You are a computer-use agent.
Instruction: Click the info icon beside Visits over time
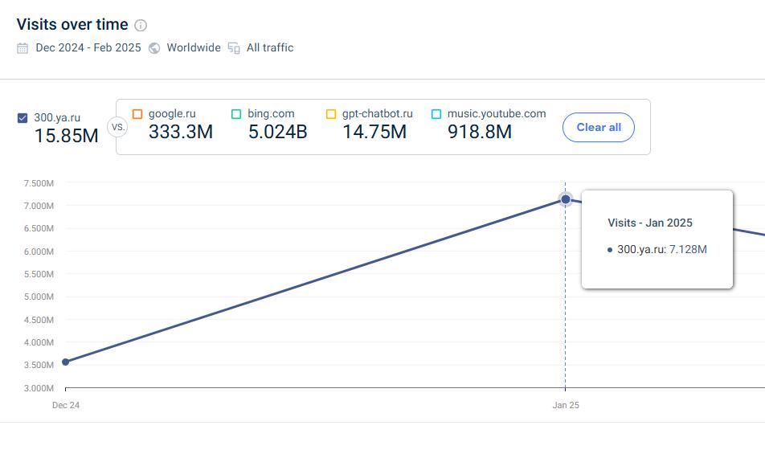click(141, 25)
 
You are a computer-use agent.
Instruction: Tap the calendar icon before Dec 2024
click(22, 48)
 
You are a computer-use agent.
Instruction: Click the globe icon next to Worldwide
click(154, 48)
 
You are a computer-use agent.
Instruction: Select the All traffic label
click(270, 48)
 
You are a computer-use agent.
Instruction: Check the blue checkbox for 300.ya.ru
click(22, 118)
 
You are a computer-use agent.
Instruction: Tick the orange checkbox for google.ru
click(137, 114)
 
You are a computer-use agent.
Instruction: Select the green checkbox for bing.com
click(236, 114)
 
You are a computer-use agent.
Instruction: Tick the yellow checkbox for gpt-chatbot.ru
click(331, 114)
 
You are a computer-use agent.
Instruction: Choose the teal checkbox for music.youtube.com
click(436, 114)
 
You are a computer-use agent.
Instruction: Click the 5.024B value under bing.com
click(277, 132)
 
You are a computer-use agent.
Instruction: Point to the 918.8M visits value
click(480, 132)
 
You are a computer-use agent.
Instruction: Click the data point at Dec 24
click(65, 362)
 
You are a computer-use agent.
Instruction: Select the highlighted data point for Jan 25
click(566, 199)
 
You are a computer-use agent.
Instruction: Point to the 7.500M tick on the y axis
click(39, 183)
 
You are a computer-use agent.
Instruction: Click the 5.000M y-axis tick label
click(39, 297)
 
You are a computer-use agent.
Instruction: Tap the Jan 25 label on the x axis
click(566, 405)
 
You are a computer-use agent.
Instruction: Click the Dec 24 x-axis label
click(66, 405)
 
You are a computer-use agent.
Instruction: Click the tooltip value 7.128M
click(688, 249)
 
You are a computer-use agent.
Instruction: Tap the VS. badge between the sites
click(117, 128)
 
